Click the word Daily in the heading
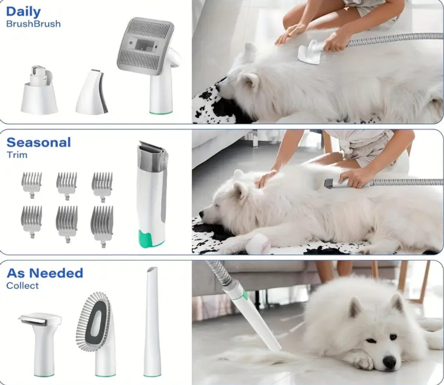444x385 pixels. pos(23,12)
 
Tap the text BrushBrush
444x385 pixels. pos(33,24)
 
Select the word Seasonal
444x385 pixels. pos(39,142)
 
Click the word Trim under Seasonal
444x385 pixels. pos(17,155)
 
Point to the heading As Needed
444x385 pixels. pos(45,273)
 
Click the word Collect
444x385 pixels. pos(22,286)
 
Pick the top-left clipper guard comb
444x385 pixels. pos(32,184)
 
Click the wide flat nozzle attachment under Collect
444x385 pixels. pos(41,344)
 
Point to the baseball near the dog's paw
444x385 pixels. pos(258,244)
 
